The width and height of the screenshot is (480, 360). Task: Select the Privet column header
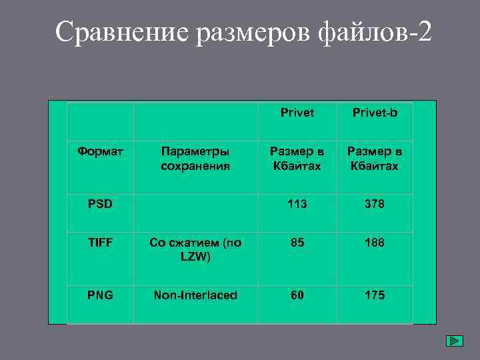pyautogui.click(x=297, y=113)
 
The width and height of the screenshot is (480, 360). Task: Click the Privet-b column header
pyautogui.click(x=375, y=113)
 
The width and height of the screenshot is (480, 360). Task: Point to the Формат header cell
pyautogui.click(x=100, y=151)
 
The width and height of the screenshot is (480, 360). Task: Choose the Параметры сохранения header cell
pyautogui.click(x=195, y=159)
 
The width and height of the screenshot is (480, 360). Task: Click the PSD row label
pyautogui.click(x=100, y=203)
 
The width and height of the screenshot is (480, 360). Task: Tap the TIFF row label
pyautogui.click(x=100, y=243)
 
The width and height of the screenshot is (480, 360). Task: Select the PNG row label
pyautogui.click(x=100, y=295)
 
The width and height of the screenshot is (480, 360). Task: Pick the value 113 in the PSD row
pyautogui.click(x=297, y=203)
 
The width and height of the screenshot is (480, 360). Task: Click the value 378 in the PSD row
pyautogui.click(x=375, y=203)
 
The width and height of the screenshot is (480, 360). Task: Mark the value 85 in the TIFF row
pyautogui.click(x=297, y=243)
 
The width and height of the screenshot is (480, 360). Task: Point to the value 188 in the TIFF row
pyautogui.click(x=375, y=243)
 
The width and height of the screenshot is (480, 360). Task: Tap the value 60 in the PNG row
pyautogui.click(x=297, y=295)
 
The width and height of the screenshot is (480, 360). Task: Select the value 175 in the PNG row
pyautogui.click(x=375, y=295)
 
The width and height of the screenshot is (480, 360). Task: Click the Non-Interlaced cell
pyautogui.click(x=195, y=295)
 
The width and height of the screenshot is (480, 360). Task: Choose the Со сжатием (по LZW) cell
pyautogui.click(x=195, y=250)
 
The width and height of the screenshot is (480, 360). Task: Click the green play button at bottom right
pyautogui.click(x=454, y=341)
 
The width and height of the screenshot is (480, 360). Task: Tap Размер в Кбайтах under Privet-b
pyautogui.click(x=375, y=159)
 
